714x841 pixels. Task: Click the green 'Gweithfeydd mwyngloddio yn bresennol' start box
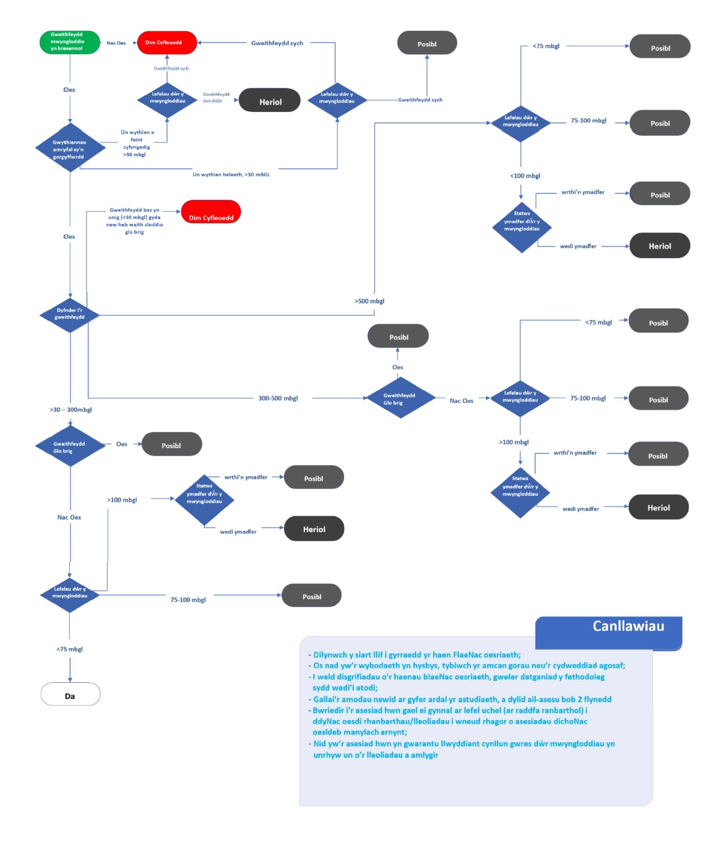pos(69,42)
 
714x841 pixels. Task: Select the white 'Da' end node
pos(70,695)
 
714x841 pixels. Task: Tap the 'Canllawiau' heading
pos(628,626)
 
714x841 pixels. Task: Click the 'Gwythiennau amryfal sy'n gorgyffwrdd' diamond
pos(70,149)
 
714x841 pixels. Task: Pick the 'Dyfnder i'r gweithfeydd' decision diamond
pos(70,314)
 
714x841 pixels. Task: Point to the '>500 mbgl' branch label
pos(369,301)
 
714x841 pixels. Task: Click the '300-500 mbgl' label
pos(278,398)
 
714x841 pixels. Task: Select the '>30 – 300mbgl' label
pos(71,410)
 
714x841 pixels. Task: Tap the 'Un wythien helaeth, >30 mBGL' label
pos(231,174)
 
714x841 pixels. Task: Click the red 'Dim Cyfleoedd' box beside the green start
pos(167,43)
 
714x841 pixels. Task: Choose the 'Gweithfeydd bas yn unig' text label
pos(134,221)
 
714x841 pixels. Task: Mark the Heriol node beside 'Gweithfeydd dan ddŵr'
pos(269,102)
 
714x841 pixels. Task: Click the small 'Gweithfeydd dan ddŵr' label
pos(216,97)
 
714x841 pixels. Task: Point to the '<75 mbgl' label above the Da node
pos(70,649)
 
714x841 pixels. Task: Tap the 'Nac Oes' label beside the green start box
pos(116,43)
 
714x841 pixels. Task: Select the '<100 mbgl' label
pos(525,176)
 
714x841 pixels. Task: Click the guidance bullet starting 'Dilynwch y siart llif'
pos(416,655)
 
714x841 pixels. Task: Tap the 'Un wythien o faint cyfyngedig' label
pos(137,143)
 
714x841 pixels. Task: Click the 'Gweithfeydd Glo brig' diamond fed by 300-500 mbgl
pos(399,398)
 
